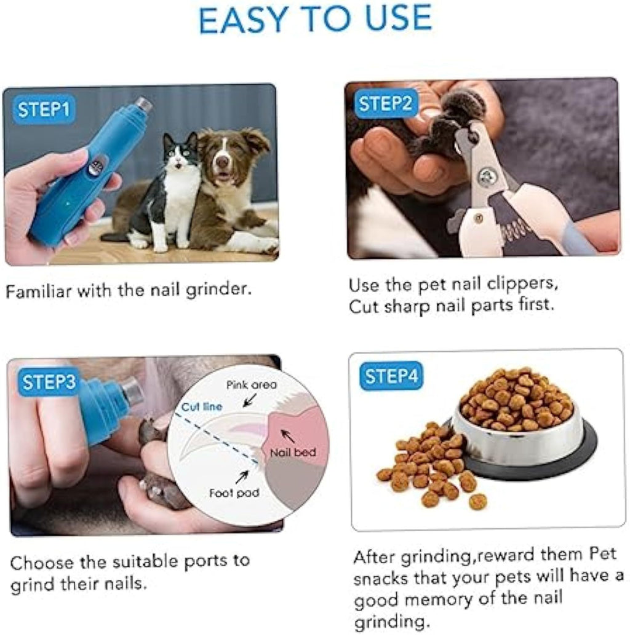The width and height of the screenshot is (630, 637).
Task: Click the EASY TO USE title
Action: point(315,20)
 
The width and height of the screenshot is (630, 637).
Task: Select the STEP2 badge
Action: point(385,104)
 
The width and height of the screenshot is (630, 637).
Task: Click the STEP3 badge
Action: point(49,382)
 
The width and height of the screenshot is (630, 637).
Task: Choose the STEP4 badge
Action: point(391,376)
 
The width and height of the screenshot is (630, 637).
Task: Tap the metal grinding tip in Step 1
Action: point(144,105)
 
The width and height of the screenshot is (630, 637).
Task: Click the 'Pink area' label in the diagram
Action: point(251,386)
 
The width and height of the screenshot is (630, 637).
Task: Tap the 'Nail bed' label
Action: point(293,453)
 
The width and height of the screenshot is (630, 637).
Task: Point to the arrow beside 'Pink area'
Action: point(250,401)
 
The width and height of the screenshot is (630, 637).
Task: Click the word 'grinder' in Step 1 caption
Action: point(220,288)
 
